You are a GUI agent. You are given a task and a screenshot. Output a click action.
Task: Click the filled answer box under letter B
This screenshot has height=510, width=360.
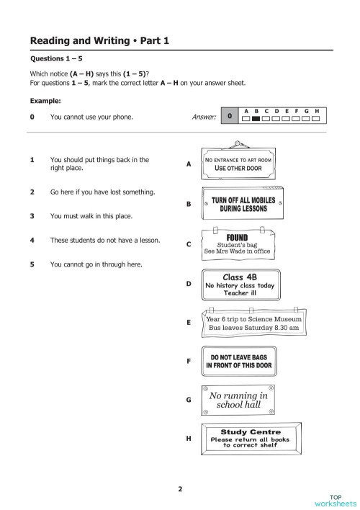[256, 118]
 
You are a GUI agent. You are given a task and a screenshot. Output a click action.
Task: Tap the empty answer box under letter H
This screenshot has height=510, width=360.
[317, 118]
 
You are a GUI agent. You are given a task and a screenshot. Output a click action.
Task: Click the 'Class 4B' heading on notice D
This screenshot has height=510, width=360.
[238, 277]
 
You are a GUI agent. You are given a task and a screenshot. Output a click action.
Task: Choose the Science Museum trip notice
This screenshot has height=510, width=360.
[256, 322]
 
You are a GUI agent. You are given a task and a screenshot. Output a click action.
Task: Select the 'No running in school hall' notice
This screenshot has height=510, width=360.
[238, 400]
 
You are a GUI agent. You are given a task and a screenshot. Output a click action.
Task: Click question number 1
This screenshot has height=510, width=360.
[32, 160]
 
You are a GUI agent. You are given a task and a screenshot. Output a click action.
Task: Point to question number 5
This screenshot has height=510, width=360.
[32, 264]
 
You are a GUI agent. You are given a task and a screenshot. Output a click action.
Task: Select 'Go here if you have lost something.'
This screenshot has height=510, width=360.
[102, 192]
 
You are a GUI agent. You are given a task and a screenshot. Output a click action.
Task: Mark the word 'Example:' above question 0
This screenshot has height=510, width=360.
[44, 101]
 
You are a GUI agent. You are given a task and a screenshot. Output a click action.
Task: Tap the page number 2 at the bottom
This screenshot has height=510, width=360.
[180, 490]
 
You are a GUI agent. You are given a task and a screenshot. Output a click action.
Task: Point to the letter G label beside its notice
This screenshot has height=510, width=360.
[189, 400]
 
